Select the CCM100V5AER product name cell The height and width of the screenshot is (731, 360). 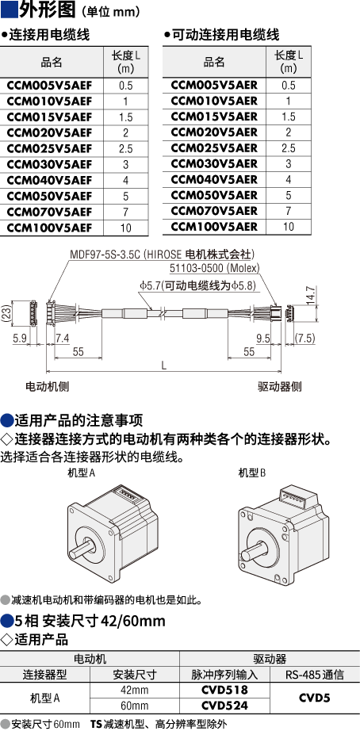[214, 227]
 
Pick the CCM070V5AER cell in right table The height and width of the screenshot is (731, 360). [214, 211]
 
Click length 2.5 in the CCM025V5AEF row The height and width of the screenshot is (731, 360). [125, 149]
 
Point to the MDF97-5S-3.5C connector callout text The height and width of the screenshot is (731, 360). [162, 255]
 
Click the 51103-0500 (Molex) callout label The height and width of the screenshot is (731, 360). [214, 268]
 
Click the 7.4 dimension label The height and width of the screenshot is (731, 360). [62, 338]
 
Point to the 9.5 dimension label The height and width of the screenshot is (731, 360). [263, 338]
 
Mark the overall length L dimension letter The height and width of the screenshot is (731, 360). [163, 366]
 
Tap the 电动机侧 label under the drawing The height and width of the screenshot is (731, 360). [47, 386]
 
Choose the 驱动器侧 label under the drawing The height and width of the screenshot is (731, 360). [280, 386]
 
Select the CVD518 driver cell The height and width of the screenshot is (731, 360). [224, 690]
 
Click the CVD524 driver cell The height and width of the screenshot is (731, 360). [224, 706]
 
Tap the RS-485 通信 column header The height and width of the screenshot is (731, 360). [314, 674]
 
